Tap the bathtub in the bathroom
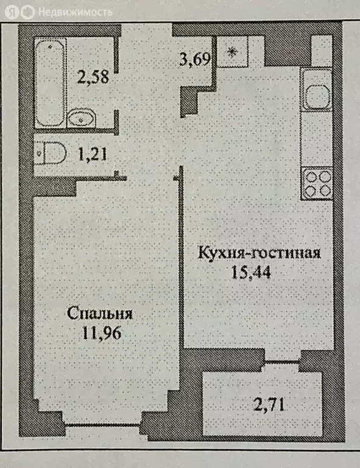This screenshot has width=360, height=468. pyautogui.click(x=49, y=83)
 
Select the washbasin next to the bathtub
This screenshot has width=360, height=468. pyautogui.click(x=80, y=116)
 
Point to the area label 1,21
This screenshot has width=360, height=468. pyautogui.click(x=93, y=154)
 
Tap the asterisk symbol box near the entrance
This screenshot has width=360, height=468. pyautogui.click(x=232, y=52)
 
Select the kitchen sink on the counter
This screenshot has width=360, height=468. pyautogui.click(x=317, y=94)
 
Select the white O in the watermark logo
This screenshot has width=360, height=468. pyautogui.click(x=27, y=12)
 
